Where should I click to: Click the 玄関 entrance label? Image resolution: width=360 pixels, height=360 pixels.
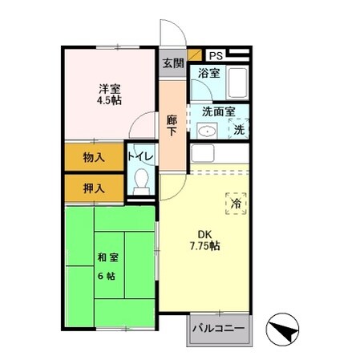pos(172,63)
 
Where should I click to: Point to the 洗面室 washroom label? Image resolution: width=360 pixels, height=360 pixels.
pos(217,112)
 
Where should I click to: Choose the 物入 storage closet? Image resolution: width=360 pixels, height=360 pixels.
pos(94,157)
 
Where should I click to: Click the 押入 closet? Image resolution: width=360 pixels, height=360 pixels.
pos(94,188)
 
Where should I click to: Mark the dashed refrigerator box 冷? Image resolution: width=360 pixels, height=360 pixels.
pos(236,204)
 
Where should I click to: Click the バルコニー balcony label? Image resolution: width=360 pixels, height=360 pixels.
pos(220,330)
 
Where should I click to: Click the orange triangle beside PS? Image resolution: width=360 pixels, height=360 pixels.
pos(195,55)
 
